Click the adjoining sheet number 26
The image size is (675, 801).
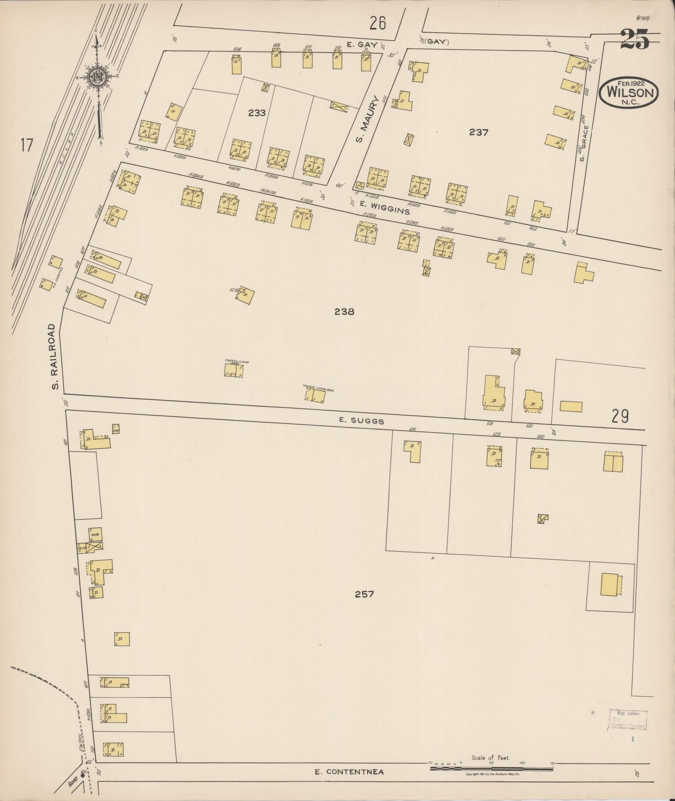[x=377, y=23]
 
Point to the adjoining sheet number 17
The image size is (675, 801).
[x=26, y=145]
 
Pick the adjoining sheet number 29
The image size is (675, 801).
[x=620, y=415]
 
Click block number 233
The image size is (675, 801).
[x=257, y=113]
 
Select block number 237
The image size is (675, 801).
[x=479, y=132]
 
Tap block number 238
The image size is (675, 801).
[x=344, y=311]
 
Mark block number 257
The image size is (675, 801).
[x=364, y=594]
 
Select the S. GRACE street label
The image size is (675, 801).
[x=583, y=144]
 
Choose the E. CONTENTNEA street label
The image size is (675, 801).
[x=349, y=772]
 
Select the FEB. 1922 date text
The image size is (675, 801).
[x=630, y=84]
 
